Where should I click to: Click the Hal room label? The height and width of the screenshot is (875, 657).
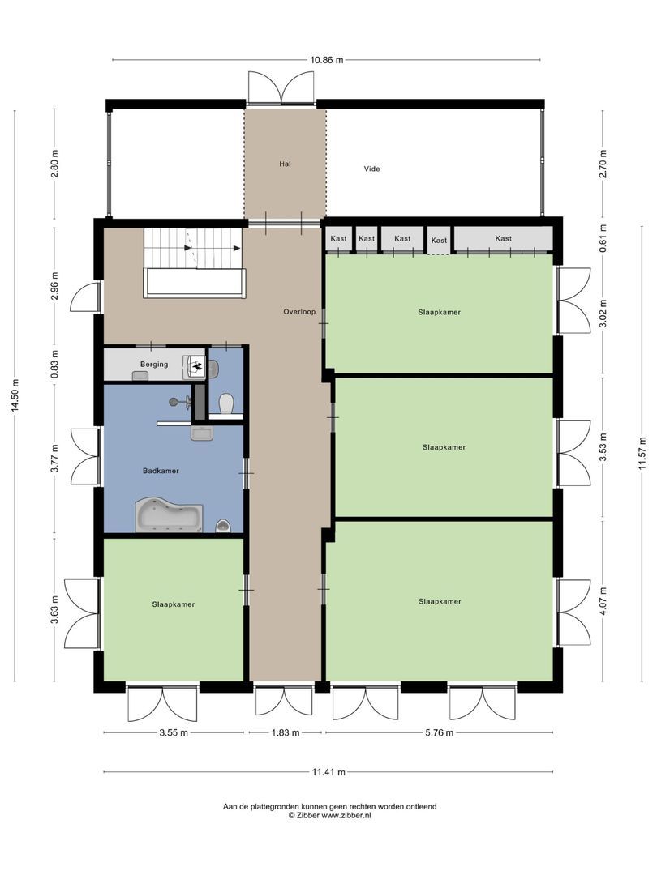(x=285, y=164)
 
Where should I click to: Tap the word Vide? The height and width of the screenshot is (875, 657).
(x=372, y=169)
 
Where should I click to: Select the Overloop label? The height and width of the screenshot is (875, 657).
(x=298, y=311)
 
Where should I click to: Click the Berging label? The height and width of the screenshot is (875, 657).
(x=154, y=365)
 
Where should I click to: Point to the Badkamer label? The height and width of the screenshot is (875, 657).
(x=161, y=470)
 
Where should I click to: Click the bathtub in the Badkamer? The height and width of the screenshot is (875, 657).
(x=169, y=514)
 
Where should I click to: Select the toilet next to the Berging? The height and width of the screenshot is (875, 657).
(x=226, y=402)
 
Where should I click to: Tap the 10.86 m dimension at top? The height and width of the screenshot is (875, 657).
(x=325, y=60)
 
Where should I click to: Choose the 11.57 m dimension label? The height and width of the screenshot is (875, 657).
(x=642, y=463)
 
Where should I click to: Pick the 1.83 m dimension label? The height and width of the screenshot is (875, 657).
(x=284, y=732)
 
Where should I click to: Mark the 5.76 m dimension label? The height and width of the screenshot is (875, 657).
(x=438, y=732)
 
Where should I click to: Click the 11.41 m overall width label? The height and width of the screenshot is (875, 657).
(x=329, y=773)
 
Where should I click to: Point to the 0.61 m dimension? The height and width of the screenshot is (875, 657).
(x=603, y=238)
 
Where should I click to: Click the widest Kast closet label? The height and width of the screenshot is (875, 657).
(x=504, y=238)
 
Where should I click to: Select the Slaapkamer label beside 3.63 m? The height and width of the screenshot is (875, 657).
(x=173, y=604)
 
